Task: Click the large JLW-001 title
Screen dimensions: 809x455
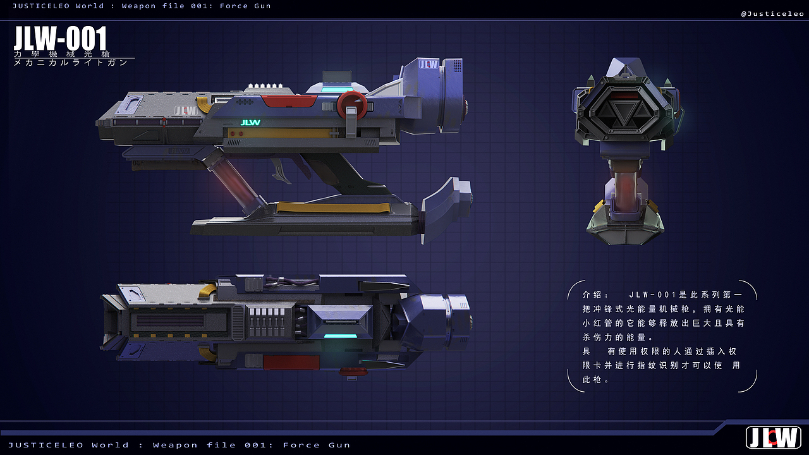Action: tap(60, 38)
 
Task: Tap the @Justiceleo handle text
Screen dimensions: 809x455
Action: tap(772, 14)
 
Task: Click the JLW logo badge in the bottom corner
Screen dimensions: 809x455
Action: tap(773, 438)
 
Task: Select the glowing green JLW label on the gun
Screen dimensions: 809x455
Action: tap(250, 123)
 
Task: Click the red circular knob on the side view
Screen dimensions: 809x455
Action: tap(352, 105)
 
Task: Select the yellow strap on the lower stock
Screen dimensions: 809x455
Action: tap(333, 207)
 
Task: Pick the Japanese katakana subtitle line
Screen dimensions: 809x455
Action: tap(71, 63)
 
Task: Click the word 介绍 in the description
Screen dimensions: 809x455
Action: tap(592, 294)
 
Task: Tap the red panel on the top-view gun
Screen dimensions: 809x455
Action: tap(291, 362)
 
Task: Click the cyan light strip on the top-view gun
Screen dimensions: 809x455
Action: tap(340, 336)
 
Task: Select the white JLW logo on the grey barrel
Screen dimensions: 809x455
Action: tap(186, 111)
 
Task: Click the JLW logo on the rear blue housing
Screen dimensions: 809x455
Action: tap(429, 64)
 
